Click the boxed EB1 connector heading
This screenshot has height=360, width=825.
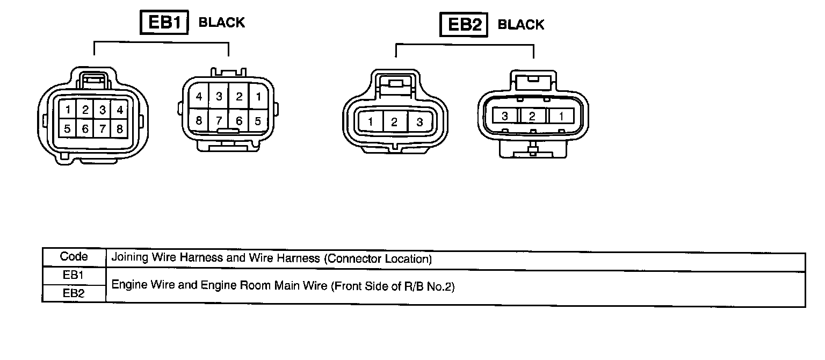click(x=164, y=23)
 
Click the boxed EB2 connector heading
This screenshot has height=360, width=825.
click(x=464, y=25)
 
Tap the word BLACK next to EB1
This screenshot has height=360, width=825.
click(x=222, y=23)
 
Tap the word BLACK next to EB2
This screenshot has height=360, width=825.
click(x=521, y=25)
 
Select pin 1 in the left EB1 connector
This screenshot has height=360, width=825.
click(x=68, y=111)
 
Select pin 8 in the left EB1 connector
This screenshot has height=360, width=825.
click(x=120, y=129)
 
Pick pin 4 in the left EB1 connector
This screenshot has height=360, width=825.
click(x=120, y=111)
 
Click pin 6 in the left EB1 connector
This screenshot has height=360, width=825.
click(x=85, y=129)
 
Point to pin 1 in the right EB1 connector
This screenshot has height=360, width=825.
click(x=258, y=97)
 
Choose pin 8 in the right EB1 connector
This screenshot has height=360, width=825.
click(x=199, y=121)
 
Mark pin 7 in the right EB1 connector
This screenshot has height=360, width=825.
click(x=219, y=121)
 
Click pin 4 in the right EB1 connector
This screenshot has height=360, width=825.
click(x=199, y=97)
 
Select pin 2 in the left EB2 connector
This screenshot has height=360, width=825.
click(x=395, y=122)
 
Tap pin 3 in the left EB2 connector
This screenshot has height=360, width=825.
click(x=419, y=122)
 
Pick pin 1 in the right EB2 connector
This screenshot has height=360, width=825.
click(x=561, y=116)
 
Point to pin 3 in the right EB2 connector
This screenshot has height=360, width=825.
click(x=505, y=116)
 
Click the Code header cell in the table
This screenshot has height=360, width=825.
click(x=74, y=257)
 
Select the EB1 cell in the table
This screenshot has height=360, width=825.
click(x=74, y=275)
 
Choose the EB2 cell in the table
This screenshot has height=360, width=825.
click(x=74, y=293)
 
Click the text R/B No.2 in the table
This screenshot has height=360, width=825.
click(x=428, y=286)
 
